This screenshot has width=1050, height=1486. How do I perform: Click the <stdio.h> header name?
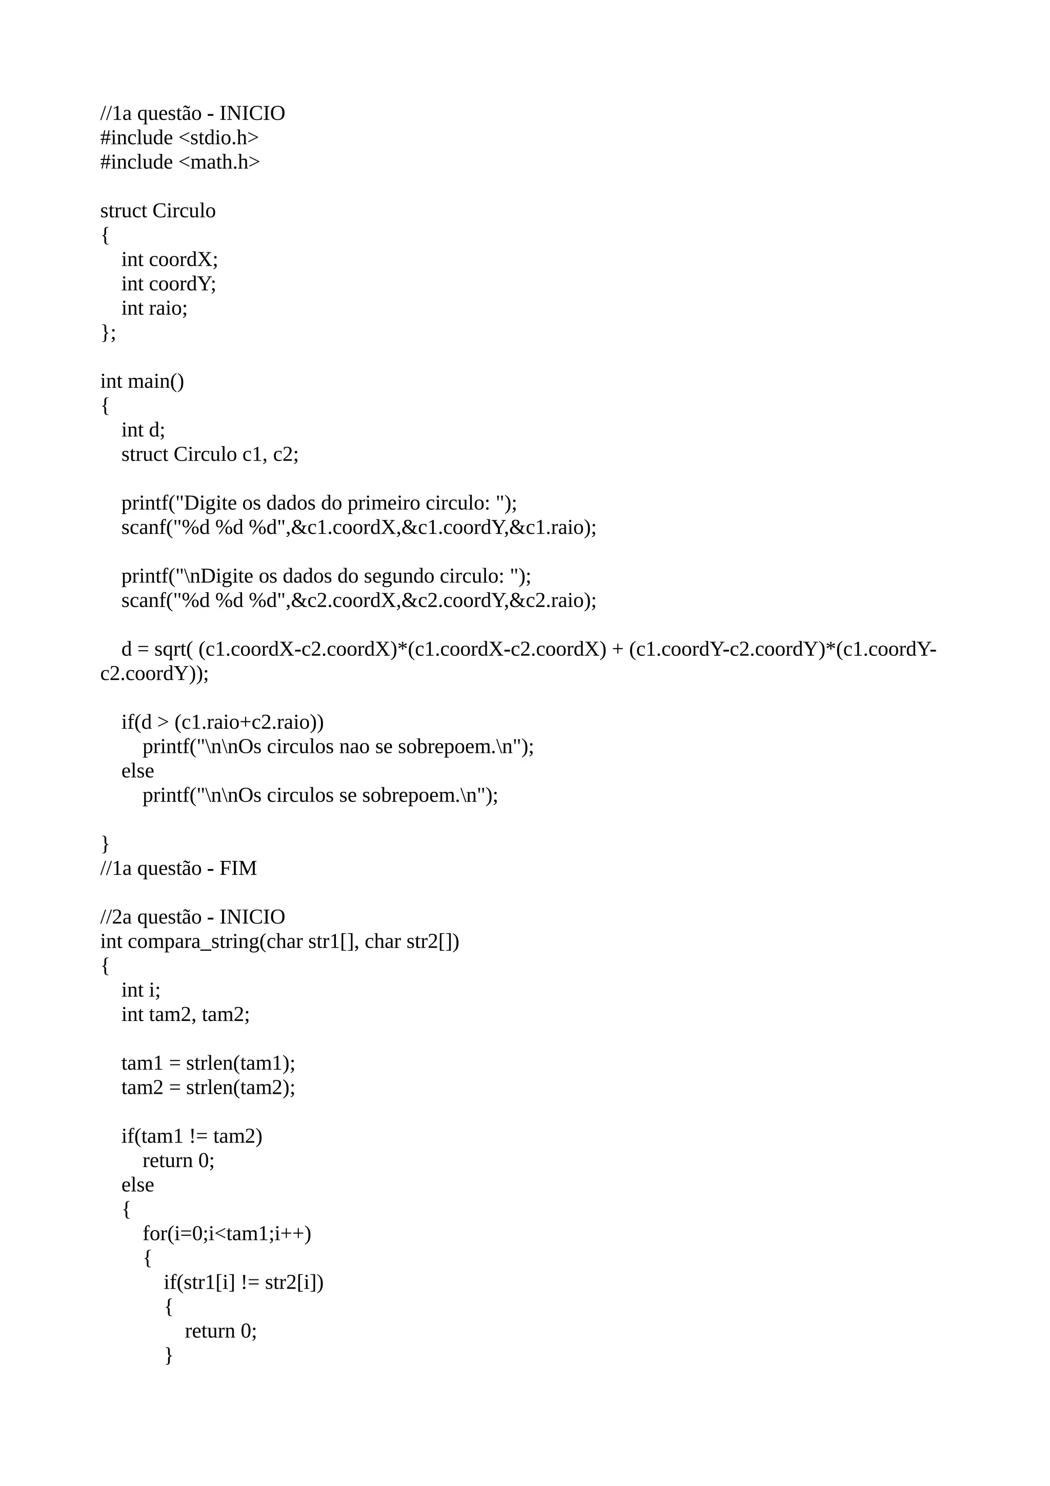coord(218,138)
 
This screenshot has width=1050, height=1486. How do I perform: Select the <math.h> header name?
coord(219,163)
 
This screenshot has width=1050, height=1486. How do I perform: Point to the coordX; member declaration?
coord(184,259)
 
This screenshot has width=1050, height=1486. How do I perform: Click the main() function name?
coord(156,381)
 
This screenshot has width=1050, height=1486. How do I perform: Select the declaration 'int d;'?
coord(143,430)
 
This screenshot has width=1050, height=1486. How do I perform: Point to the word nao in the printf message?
coord(355,747)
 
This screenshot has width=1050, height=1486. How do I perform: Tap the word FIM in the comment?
coord(238,869)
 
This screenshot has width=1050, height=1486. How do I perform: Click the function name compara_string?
coord(193,941)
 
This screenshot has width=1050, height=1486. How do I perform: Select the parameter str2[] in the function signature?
coord(432,941)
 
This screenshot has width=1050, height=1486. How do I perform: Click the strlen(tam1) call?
coord(240,1063)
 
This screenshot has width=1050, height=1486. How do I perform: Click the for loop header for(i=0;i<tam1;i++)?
coord(227,1234)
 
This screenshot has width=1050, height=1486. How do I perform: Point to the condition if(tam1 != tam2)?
coord(192,1136)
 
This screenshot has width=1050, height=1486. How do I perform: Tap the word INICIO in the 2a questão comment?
coord(252,917)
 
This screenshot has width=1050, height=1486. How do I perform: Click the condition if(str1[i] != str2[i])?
coord(243,1282)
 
